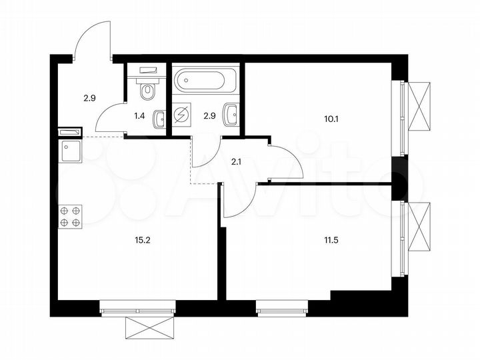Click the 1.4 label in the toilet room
point(139,116)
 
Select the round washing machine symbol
point(181,116)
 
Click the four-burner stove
point(70,216)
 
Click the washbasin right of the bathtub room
point(231,114)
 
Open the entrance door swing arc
point(92,39)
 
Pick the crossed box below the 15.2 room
point(148,328)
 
